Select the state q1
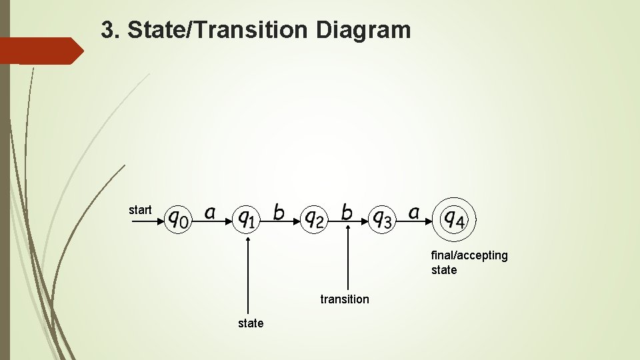[247, 218]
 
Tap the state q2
[313, 218]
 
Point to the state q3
[382, 218]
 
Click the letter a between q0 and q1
[210, 213]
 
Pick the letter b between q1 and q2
[279, 212]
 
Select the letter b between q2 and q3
[347, 212]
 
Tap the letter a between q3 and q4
[414, 213]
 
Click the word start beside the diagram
[140, 210]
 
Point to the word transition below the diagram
[344, 299]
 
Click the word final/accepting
[469, 255]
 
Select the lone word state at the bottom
[251, 323]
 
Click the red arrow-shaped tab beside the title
[40, 51]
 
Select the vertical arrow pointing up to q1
[247, 273]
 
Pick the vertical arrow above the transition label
[348, 257]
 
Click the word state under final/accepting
[444, 270]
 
